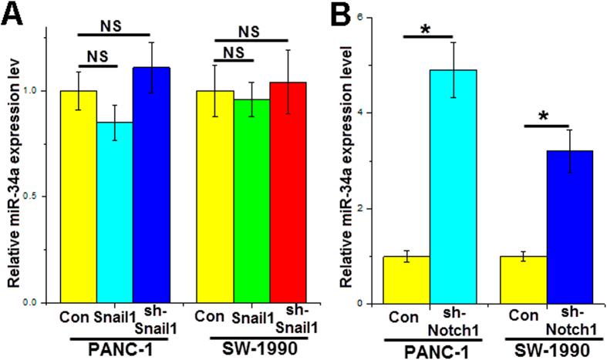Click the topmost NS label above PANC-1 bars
116,26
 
